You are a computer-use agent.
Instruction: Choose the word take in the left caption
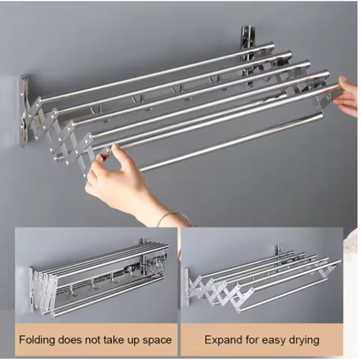click(x=118, y=339)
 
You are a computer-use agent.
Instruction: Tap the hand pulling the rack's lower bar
click(x=116, y=177)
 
